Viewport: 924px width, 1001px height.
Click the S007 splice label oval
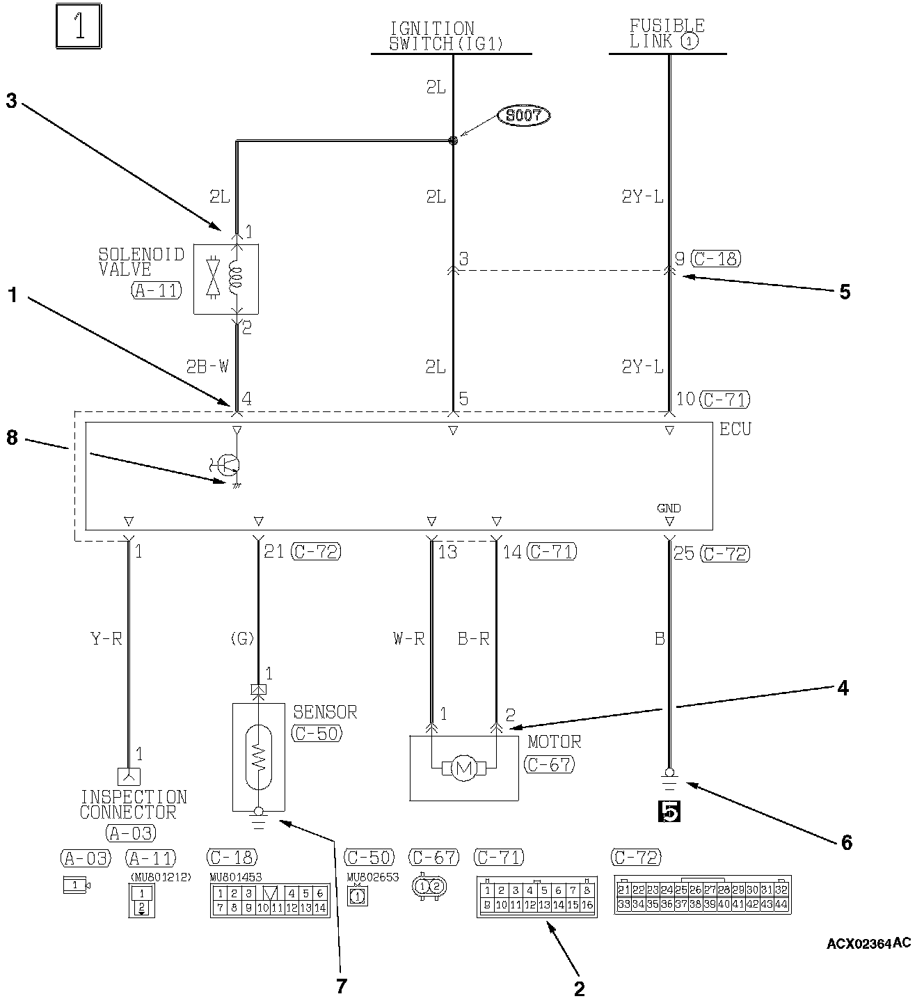point(523,116)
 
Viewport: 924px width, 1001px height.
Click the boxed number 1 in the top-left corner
point(79,28)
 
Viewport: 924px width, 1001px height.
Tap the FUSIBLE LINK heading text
point(666,34)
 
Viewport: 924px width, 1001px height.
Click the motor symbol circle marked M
point(463,769)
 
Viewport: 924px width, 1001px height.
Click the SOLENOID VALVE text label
point(141,262)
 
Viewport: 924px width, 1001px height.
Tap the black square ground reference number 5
point(669,812)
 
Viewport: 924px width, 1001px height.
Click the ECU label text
point(735,429)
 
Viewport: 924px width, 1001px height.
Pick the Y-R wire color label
point(106,638)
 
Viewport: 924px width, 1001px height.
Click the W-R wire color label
point(408,638)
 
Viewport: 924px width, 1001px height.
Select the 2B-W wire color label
point(207,367)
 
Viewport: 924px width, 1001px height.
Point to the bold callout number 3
point(11,101)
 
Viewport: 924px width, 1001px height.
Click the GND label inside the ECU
point(669,508)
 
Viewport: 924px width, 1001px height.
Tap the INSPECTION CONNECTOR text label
point(133,804)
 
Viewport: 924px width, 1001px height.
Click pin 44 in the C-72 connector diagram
point(781,904)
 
